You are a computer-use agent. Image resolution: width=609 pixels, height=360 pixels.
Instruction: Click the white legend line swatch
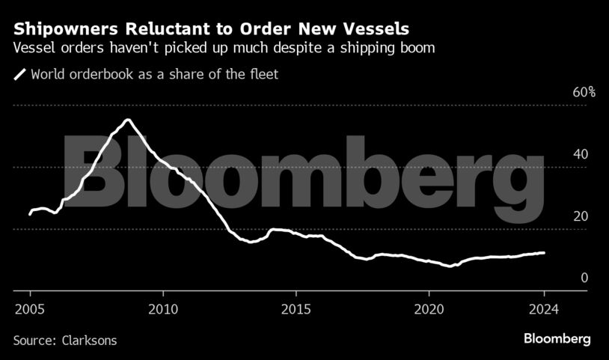pos(19,74)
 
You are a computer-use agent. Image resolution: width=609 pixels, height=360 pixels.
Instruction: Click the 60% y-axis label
pos(584,93)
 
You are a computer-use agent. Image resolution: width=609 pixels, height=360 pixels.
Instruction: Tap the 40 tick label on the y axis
pos(581,154)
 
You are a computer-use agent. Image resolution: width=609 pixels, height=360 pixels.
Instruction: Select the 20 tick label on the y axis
pos(581,216)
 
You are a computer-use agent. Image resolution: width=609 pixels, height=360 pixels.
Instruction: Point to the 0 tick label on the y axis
pos(585,278)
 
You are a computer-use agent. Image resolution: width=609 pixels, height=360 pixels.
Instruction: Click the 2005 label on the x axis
pos(29,309)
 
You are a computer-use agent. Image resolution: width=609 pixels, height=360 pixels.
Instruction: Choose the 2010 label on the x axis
pos(162,309)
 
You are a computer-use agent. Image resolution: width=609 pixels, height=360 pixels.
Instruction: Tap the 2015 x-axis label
pos(296,309)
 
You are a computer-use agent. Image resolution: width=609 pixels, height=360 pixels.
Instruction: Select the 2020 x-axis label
pos(429,309)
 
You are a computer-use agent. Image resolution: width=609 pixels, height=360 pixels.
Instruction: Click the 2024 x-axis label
pos(544,309)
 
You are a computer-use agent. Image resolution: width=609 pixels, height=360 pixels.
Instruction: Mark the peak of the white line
pos(128,120)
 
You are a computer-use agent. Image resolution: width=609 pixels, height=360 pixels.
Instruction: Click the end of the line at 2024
pos(544,253)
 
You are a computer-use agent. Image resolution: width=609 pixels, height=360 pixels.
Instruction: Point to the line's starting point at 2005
pos(30,214)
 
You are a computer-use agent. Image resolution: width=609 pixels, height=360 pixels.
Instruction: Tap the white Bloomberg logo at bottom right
pos(557,339)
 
